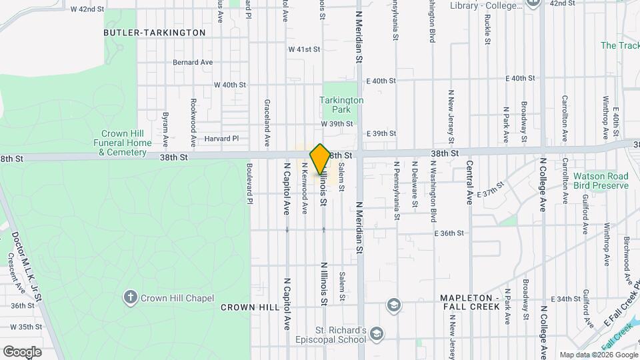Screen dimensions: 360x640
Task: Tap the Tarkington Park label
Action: (x=341, y=105)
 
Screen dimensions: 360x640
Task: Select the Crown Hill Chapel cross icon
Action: (x=131, y=297)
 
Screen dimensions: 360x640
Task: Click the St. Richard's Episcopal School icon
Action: (x=376, y=333)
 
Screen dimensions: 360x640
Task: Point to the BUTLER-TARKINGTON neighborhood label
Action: (x=155, y=32)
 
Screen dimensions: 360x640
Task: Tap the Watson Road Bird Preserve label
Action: (x=601, y=181)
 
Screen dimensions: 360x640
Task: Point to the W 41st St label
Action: (x=304, y=49)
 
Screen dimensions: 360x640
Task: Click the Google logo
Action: (x=22, y=351)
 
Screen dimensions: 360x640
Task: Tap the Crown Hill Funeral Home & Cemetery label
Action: (x=123, y=143)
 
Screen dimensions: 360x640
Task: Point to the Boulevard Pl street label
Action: (x=251, y=184)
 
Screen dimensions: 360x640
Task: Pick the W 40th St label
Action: (x=230, y=85)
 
